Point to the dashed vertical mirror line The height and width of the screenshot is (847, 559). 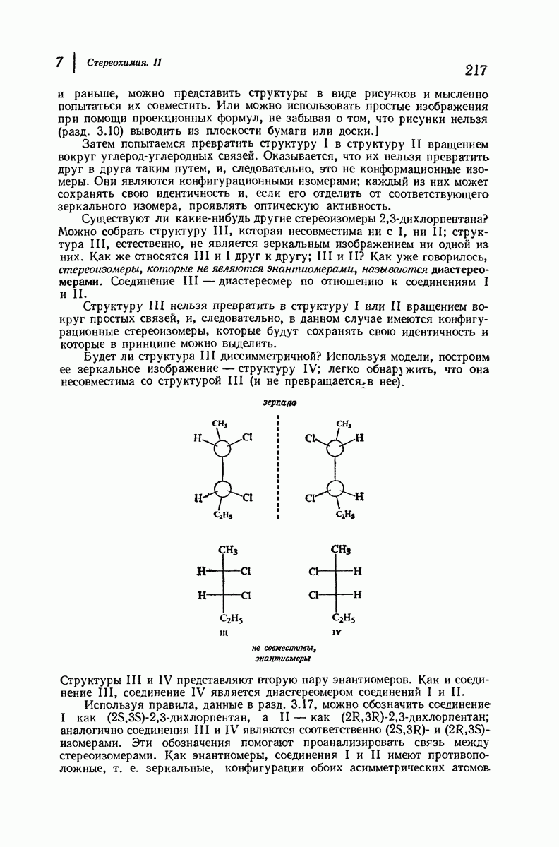point(279,469)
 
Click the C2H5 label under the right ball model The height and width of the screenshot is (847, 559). point(344,516)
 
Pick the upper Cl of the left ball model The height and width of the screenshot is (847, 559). point(247,438)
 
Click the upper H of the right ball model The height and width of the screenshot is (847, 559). point(360,438)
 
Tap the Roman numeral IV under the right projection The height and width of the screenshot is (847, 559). point(337,633)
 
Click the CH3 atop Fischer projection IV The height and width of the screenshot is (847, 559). point(342,550)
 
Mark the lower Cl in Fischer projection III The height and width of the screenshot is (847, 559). point(246,594)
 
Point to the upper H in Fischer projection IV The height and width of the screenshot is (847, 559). point(357,570)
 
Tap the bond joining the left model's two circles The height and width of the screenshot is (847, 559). point(222,469)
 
